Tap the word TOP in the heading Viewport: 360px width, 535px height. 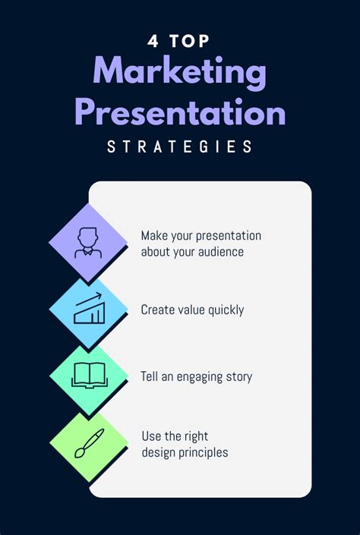(x=189, y=41)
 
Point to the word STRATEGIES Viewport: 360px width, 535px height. (x=180, y=146)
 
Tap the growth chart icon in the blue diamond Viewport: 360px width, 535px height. (x=88, y=310)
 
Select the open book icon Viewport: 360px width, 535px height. (x=88, y=375)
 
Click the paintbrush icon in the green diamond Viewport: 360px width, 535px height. (x=88, y=443)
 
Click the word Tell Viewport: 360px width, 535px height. (x=150, y=376)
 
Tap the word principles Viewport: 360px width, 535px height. (x=201, y=453)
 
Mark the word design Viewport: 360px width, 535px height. (x=157, y=453)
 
